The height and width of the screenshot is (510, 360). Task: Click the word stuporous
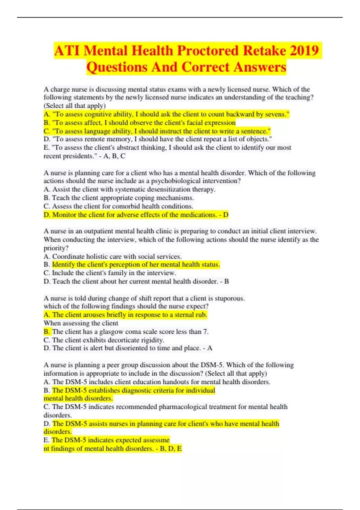229,298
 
